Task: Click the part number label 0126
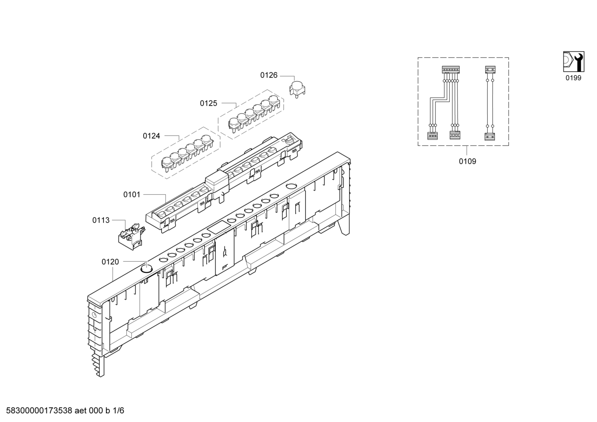(x=269, y=75)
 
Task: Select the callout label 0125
(x=208, y=104)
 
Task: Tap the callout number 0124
(x=152, y=136)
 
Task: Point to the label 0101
(x=132, y=195)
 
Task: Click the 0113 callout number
(x=101, y=220)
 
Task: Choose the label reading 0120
(x=110, y=262)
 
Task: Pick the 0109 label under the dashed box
(x=467, y=161)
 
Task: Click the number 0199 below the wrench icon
(x=573, y=78)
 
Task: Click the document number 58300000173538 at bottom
(x=39, y=410)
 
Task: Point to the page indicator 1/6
(x=118, y=410)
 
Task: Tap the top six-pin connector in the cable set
(x=451, y=70)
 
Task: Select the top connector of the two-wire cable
(x=490, y=70)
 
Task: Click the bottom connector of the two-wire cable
(x=490, y=137)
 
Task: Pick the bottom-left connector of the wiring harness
(x=432, y=136)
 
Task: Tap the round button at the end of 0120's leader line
(x=146, y=268)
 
